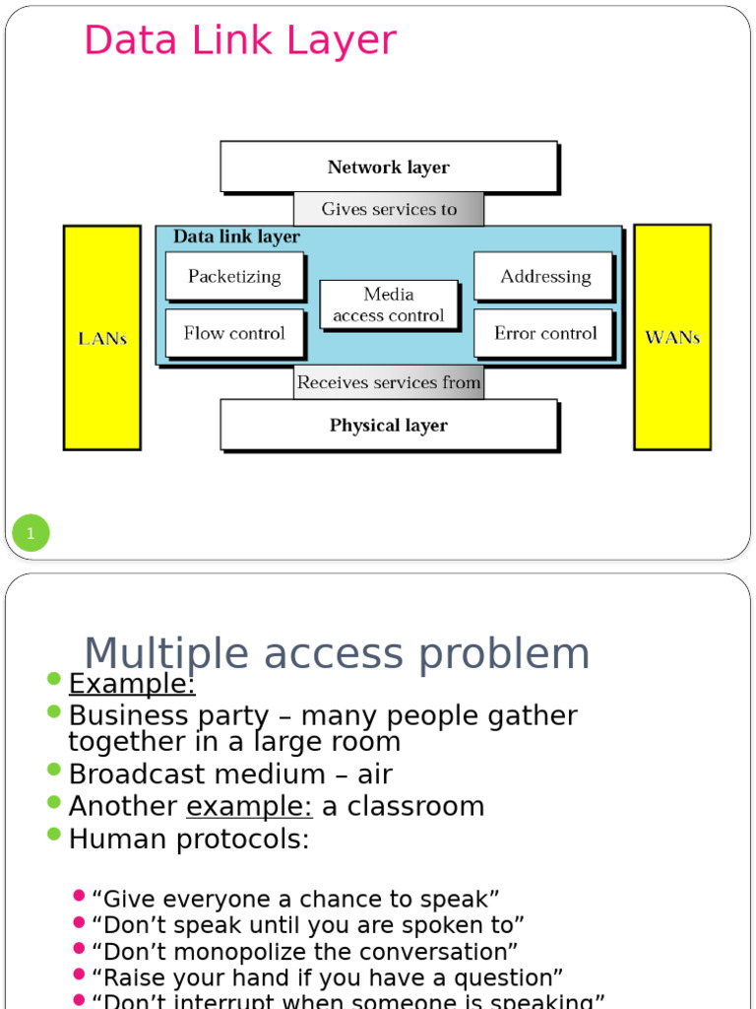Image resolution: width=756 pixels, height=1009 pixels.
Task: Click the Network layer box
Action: pos(389,167)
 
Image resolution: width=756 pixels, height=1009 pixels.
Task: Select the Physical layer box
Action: pos(389,425)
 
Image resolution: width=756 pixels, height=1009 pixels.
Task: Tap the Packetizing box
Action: pos(234,276)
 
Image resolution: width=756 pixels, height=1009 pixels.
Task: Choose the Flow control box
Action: pos(234,333)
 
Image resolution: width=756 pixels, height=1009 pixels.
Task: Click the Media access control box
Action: pos(389,304)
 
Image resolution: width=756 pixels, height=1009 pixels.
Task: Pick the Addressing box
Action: pos(544,276)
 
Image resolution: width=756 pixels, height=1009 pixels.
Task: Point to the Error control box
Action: pos(544,333)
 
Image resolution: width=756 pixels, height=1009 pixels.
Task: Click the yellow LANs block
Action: pos(102,338)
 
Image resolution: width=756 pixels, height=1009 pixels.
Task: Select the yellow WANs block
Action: pos(672,337)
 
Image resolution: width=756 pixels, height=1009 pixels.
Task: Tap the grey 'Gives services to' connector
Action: pos(389,209)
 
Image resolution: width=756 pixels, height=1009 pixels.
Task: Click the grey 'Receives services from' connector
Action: pos(389,382)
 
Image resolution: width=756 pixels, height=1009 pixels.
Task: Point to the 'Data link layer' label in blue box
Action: pos(236,237)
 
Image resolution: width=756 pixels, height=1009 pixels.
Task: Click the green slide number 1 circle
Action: pos(31,534)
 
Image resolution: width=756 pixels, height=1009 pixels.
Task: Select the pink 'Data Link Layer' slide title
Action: pos(240,40)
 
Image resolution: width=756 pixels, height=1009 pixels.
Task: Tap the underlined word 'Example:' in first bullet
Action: pos(132,684)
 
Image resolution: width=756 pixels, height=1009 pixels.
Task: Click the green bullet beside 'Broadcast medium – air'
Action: pos(54,771)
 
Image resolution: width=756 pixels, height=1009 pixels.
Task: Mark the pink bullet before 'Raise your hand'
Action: pos(80,975)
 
